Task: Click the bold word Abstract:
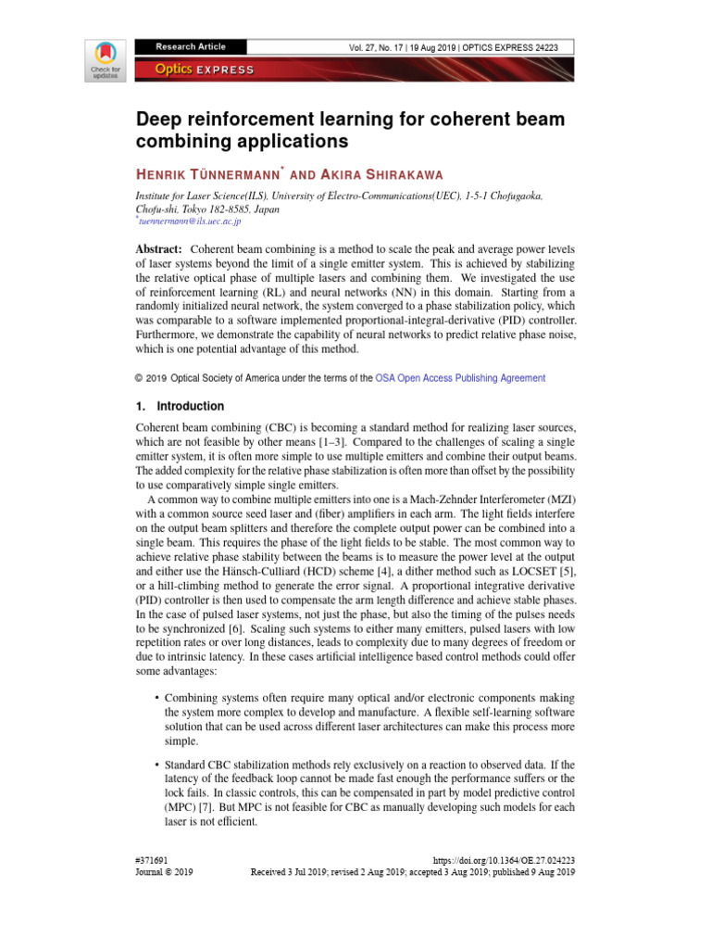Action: click(158, 250)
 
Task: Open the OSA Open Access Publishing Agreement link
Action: click(460, 378)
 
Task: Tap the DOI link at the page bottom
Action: click(505, 861)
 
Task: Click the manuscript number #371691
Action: click(152, 861)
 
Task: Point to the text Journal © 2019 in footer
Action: click(164, 873)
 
